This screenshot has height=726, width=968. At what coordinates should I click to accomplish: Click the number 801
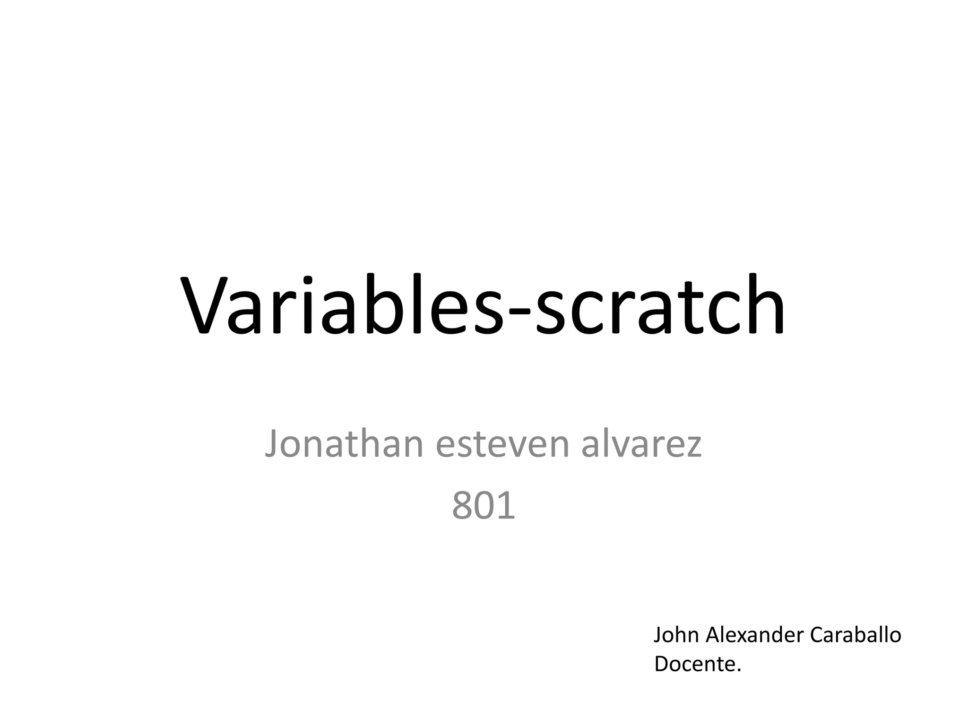point(484,506)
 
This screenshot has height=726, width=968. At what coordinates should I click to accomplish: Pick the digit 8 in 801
point(463,506)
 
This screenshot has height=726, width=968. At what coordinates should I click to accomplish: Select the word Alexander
point(754,635)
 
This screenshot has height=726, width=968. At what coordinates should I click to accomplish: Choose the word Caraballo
point(856,635)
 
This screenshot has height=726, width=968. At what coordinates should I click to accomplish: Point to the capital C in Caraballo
point(817,635)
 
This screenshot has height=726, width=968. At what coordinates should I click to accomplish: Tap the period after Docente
point(739,670)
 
